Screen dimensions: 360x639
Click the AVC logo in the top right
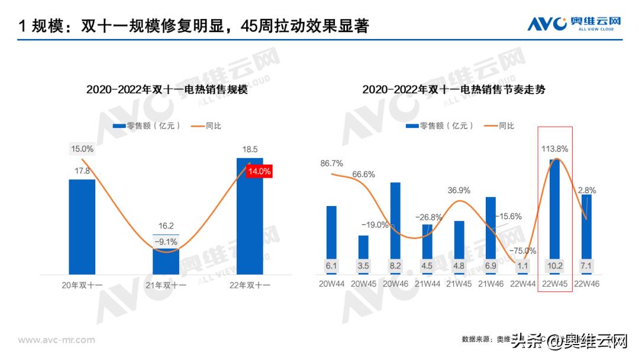coord(575,24)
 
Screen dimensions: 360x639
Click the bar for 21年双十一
coord(166,261)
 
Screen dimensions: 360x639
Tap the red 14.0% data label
coord(259,172)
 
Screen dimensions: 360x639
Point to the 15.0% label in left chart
coord(82,149)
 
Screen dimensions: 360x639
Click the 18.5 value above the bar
coord(250,149)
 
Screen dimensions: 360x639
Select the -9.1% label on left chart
coord(166,242)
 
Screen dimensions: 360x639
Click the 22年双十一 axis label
coord(250,285)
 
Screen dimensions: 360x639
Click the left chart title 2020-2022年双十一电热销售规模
coord(167,90)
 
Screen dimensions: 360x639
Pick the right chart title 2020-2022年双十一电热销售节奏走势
coord(454,90)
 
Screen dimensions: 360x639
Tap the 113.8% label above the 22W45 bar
coord(555,149)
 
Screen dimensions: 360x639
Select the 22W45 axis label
coord(555,284)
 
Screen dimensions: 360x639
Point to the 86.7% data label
coord(332,163)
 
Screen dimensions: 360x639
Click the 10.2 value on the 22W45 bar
coord(555,266)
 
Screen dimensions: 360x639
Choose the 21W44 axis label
coord(427,284)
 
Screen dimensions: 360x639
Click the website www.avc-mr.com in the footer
coord(56,340)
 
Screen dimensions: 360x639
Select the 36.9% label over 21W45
coord(459,190)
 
